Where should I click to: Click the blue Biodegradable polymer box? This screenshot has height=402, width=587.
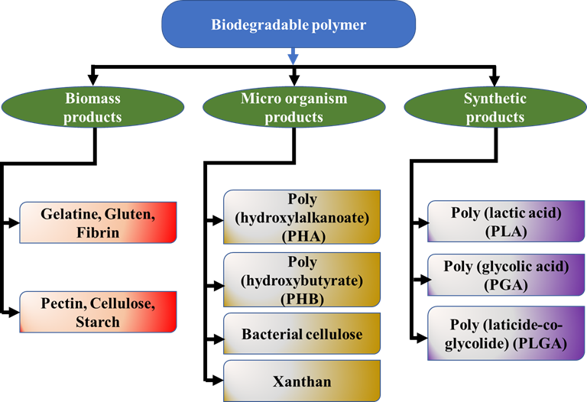(289, 24)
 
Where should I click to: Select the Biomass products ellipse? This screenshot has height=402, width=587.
(92, 107)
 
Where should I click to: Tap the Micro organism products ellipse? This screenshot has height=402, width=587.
(293, 107)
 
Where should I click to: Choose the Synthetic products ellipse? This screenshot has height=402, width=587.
(495, 107)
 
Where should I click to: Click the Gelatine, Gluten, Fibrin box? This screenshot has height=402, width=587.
(98, 222)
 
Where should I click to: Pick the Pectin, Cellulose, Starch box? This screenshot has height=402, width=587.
(98, 312)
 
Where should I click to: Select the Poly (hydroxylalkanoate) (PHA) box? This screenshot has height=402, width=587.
(302, 217)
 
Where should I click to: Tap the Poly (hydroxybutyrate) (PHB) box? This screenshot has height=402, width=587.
(302, 280)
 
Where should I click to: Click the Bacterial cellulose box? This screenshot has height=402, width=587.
(302, 333)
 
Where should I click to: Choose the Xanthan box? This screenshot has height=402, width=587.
(302, 381)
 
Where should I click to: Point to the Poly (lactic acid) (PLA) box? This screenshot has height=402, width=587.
(506, 221)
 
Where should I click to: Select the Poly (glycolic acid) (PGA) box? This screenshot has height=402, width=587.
(506, 275)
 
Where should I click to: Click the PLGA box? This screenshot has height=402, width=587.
(506, 333)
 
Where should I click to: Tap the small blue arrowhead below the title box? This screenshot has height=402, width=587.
(293, 59)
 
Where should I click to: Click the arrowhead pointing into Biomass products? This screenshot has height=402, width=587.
(92, 80)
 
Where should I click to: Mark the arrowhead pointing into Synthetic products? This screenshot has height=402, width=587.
(495, 80)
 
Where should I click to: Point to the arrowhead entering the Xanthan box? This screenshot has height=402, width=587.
(218, 381)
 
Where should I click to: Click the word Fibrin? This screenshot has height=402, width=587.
(98, 232)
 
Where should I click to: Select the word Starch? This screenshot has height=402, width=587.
(98, 322)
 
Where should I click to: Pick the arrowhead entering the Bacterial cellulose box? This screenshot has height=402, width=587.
(218, 339)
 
